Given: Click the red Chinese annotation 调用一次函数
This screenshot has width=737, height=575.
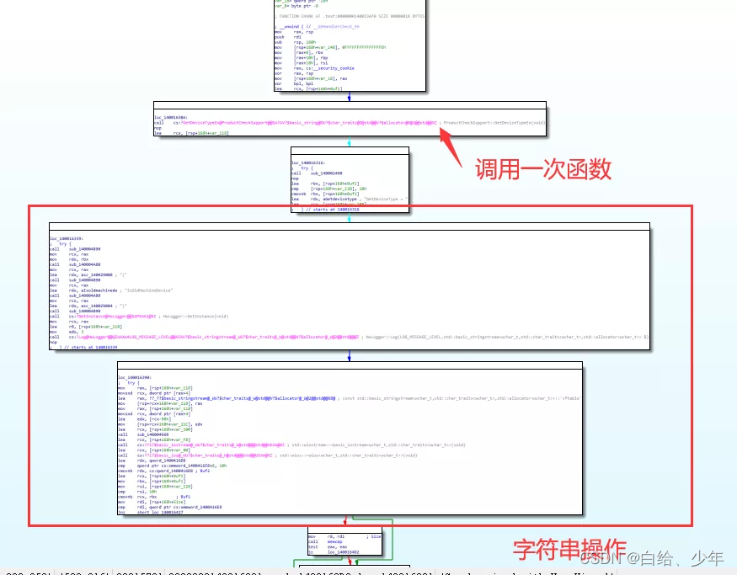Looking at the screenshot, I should click(543, 168).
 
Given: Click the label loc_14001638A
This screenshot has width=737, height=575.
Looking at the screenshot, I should click(171, 117).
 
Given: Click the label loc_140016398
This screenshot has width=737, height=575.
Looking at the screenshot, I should click(134, 377).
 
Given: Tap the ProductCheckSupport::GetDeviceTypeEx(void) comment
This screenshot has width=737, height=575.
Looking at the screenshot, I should click(493, 122).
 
